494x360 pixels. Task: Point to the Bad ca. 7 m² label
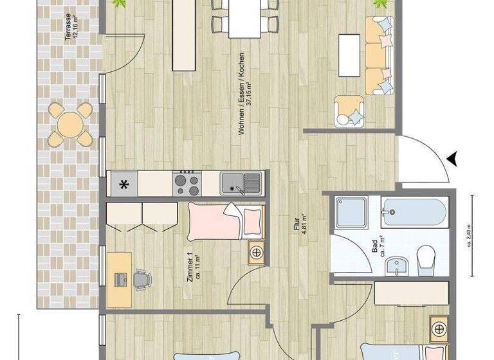pos(379,248)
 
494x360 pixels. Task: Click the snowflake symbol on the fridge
pos(124,184)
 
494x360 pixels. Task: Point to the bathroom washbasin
pos(397,264)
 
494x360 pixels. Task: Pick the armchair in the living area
pos(349,109)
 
